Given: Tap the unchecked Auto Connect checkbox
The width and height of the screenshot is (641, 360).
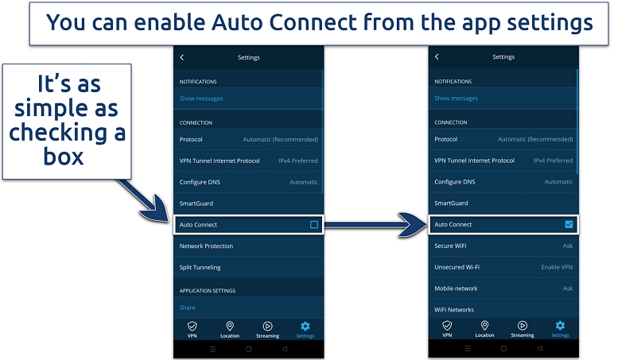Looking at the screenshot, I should [314, 225].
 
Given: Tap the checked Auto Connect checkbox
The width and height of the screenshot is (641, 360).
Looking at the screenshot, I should [569, 224].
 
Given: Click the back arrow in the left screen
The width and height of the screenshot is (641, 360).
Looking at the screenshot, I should [182, 57].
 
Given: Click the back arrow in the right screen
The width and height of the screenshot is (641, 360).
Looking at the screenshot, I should [437, 57].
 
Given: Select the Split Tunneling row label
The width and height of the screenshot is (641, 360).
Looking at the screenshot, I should [200, 267].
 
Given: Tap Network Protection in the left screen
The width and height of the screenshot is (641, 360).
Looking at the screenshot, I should [206, 246].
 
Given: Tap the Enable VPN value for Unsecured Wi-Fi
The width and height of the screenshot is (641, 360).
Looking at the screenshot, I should [557, 267].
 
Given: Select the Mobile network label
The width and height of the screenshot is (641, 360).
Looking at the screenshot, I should [456, 288].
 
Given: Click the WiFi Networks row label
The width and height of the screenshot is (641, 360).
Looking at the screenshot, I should [454, 310].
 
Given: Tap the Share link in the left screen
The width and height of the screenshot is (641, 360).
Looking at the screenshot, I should [187, 308].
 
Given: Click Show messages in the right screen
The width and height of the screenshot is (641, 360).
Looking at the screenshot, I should [456, 99].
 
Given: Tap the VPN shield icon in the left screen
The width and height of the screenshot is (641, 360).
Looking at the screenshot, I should [192, 326].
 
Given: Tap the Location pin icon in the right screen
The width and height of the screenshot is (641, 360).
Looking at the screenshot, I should [484, 326].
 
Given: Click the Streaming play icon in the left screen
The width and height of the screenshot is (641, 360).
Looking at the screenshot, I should [267, 326].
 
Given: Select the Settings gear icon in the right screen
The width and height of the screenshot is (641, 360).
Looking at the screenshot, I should [560, 326].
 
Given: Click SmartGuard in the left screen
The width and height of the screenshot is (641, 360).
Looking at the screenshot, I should [196, 203].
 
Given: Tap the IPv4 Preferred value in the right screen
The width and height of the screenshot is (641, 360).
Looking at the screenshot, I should [553, 161].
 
